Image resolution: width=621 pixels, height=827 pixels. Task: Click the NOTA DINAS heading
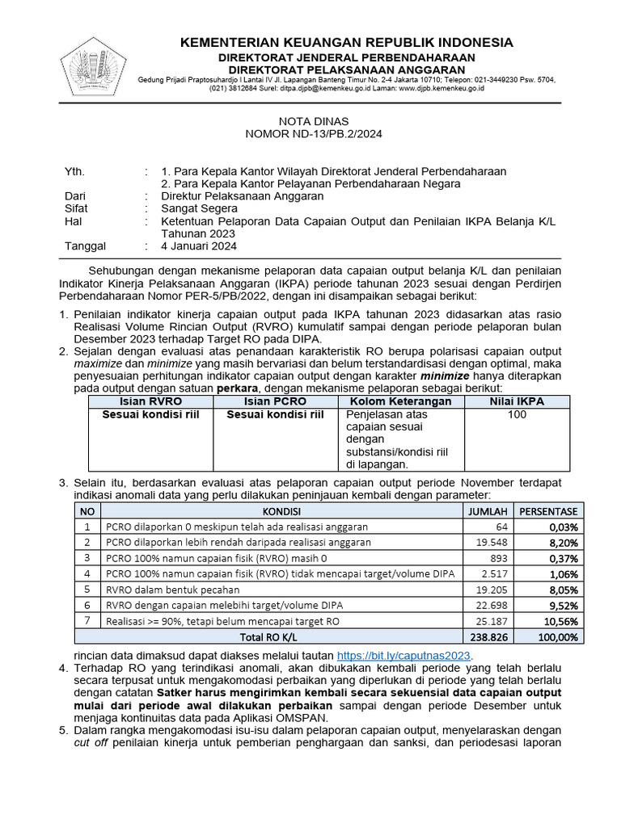(x=310, y=121)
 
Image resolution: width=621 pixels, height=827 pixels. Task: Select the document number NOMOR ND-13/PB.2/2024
(x=310, y=133)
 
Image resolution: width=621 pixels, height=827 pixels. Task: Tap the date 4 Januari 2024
(x=199, y=246)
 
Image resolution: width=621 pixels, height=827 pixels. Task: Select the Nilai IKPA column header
(x=517, y=401)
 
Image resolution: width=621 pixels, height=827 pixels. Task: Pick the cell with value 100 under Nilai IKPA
(x=517, y=414)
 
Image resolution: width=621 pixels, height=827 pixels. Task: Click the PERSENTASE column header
(x=548, y=511)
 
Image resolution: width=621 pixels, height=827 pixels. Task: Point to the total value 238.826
(x=486, y=636)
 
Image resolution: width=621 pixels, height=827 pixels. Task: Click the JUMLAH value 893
(x=496, y=558)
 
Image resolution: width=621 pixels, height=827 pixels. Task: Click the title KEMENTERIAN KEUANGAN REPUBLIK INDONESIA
(x=346, y=42)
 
